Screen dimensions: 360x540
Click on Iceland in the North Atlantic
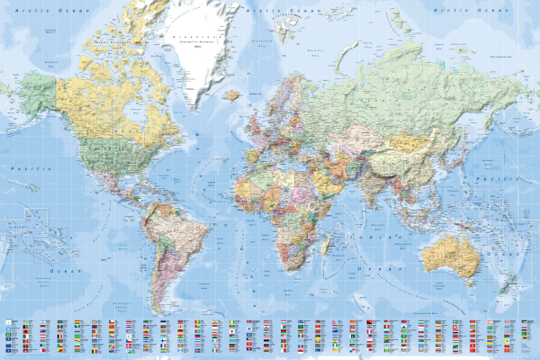[x=232, y=94]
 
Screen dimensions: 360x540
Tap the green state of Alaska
[x=35, y=90]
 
